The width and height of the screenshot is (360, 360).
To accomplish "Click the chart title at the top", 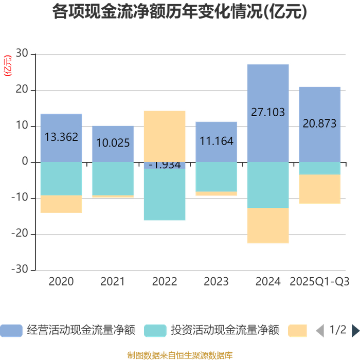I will (179, 12).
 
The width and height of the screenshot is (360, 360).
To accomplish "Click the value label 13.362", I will (61, 137).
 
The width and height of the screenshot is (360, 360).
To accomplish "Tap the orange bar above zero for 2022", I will (165, 136).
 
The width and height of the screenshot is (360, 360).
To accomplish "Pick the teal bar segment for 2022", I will (165, 194).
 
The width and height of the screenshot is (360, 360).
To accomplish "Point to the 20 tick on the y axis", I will (22, 91).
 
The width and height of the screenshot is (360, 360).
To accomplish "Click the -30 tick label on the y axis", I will (21, 270).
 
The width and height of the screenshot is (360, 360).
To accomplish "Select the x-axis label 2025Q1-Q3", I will (319, 282).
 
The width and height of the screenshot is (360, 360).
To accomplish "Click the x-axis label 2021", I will (113, 282).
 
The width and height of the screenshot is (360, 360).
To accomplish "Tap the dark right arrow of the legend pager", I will (355, 330).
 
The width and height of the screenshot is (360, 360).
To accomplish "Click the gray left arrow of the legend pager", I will (319, 330).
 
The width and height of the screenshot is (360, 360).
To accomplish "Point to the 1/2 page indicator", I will (337, 330).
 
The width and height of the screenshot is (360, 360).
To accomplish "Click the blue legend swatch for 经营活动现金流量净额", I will (11, 330).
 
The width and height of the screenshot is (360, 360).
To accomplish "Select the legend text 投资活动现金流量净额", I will (225, 330).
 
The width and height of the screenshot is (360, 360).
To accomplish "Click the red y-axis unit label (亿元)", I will (7, 65).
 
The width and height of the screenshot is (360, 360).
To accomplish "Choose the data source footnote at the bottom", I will (179, 355).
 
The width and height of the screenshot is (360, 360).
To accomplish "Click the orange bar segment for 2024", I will (268, 225).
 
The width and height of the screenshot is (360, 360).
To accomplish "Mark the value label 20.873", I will (319, 123).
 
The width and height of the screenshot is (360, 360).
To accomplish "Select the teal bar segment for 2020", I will (61, 179).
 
